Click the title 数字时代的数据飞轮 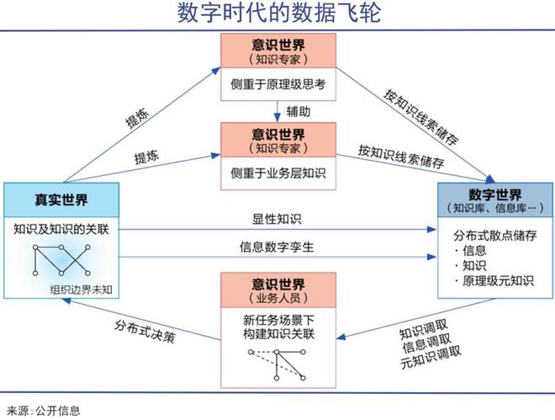coord(277,14)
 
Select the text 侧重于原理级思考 coord(277,85)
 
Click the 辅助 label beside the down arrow coord(298,110)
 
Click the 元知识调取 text coord(431,353)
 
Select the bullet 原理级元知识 coord(498,280)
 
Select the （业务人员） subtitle coord(277,299)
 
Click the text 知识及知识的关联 coord(61,228)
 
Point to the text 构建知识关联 coord(277,334)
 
